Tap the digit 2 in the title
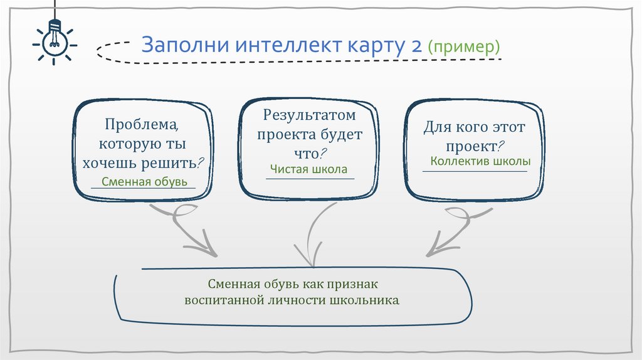pos(414,46)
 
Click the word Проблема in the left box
pos(137,124)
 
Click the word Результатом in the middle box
pos(309,115)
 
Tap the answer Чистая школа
pos(308,169)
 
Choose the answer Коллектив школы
pos(480,161)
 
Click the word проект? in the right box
pos(473,146)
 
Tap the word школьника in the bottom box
pos(364,300)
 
